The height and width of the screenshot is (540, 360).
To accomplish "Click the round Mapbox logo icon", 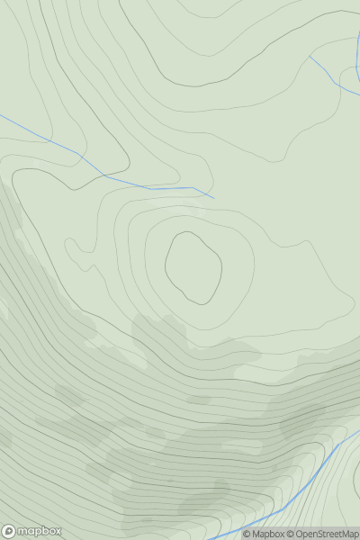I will point(10,531).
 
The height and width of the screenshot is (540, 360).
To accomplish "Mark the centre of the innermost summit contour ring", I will point(193,267).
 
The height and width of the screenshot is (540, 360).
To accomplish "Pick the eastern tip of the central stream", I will point(214,198).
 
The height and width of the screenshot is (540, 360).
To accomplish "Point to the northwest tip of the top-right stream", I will point(310,56).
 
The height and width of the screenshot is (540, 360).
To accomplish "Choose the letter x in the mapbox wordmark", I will point(58,531).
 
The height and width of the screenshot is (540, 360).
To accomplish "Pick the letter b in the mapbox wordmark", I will point(42,531).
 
